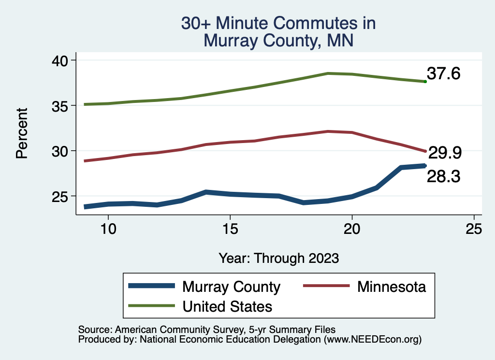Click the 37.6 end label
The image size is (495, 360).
click(443, 74)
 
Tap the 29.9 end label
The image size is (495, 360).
click(445, 153)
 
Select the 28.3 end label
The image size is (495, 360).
click(443, 177)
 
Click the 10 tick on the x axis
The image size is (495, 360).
click(108, 229)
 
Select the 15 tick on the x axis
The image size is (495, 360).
click(230, 229)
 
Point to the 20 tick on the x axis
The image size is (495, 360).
click(352, 229)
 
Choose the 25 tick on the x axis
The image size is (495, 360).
click(474, 229)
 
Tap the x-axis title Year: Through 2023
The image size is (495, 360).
click(278, 258)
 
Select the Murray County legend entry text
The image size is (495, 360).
click(231, 287)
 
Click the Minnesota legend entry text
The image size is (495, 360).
click(392, 287)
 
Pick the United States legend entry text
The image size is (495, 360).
click(227, 306)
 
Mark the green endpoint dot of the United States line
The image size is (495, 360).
click(425, 82)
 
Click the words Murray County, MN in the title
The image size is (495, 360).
click(278, 40)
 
